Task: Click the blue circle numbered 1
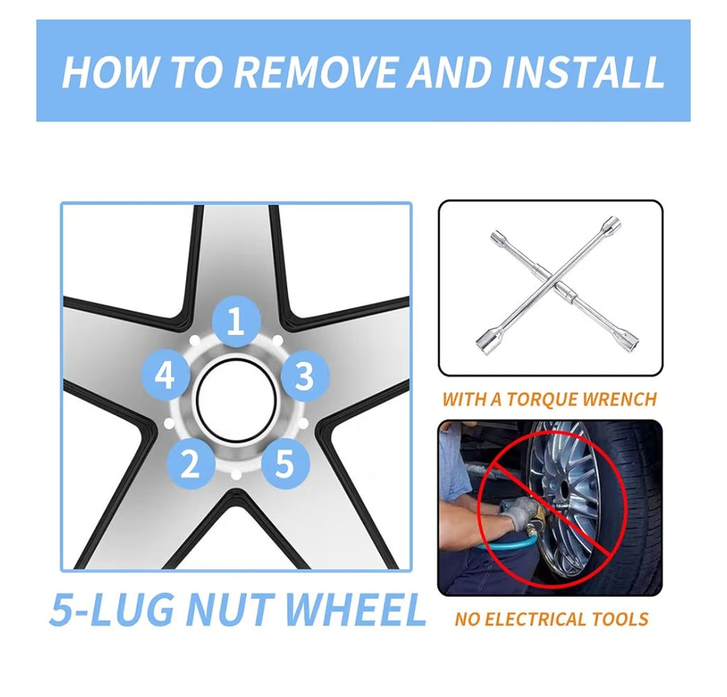(x=236, y=322)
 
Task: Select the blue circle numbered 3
(x=305, y=375)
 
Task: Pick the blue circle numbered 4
(x=165, y=375)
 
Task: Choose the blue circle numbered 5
(x=285, y=463)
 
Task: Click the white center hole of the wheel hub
(x=236, y=400)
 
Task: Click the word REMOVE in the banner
(x=317, y=72)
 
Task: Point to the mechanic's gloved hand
(x=522, y=513)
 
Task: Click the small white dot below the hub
(x=236, y=474)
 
